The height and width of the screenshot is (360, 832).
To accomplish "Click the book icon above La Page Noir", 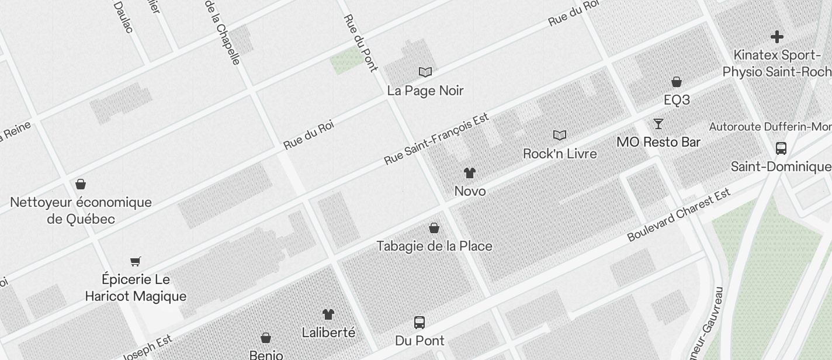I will click(x=425, y=72).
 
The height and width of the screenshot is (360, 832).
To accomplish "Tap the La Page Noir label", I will click(x=425, y=91).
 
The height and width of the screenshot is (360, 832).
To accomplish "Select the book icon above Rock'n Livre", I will click(x=560, y=136).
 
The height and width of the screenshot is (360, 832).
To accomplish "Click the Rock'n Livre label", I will click(x=560, y=154).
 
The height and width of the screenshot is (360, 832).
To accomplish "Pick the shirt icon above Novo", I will click(x=470, y=173).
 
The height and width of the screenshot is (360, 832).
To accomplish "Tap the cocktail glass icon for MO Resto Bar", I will click(x=658, y=124).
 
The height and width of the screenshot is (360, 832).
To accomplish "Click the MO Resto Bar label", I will click(x=658, y=142).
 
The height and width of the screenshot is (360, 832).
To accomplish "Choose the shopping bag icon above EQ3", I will click(x=677, y=82).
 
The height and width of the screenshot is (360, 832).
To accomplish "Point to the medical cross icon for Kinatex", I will click(x=776, y=37).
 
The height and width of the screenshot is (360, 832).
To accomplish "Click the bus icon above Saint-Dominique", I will click(x=781, y=148).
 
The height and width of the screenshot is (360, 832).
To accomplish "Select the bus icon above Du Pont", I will click(x=420, y=322).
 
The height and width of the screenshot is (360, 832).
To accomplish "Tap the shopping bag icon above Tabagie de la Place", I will click(x=434, y=228).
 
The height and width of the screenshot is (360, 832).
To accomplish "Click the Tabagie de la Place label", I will click(x=434, y=246).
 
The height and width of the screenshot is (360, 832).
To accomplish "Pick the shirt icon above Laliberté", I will click(x=328, y=314).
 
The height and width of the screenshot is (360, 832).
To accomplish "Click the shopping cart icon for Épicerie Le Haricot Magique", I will click(x=136, y=261).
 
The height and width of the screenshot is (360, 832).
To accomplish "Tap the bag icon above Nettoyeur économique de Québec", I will click(x=81, y=185).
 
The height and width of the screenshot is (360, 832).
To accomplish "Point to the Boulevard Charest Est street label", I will click(x=678, y=215).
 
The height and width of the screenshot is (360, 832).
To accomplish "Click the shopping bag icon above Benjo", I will click(x=266, y=338).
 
